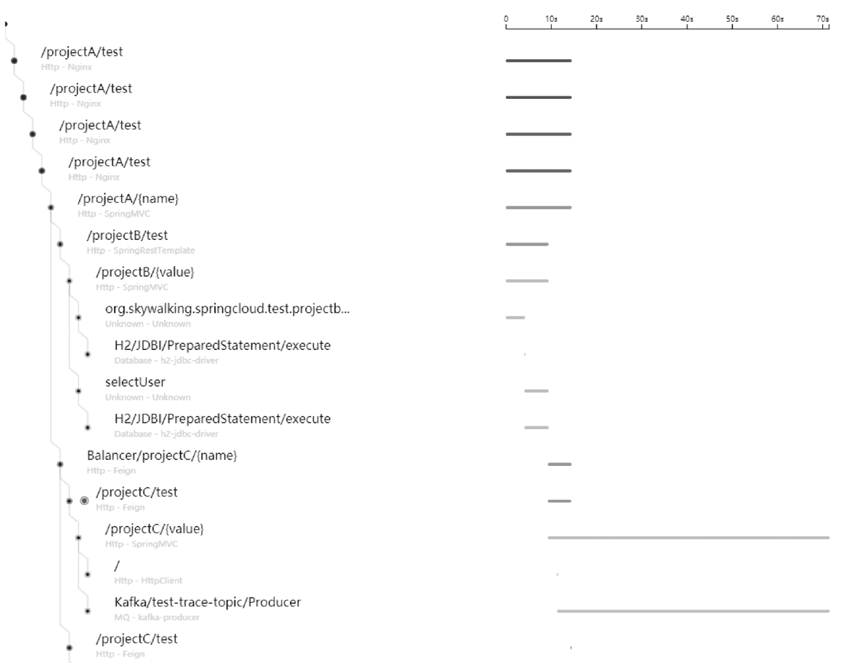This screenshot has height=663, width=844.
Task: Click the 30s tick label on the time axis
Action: (x=642, y=19)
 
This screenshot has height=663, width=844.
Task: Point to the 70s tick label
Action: (x=822, y=19)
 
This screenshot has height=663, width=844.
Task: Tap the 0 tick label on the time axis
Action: (x=506, y=19)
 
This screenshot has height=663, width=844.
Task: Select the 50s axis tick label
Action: (x=732, y=19)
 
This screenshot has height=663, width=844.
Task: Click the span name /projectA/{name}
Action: (x=128, y=198)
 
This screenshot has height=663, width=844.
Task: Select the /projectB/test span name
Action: (x=127, y=235)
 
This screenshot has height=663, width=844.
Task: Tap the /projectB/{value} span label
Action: (x=145, y=272)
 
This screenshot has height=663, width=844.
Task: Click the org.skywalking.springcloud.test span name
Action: (x=227, y=308)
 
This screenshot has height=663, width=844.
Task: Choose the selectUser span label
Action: (x=135, y=382)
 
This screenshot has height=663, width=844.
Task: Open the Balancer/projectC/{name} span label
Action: (x=162, y=455)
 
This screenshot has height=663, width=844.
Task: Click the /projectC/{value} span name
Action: (x=154, y=529)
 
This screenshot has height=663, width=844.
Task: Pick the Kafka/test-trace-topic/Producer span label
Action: (x=208, y=602)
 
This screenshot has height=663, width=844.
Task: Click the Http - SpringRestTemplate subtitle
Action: (x=140, y=250)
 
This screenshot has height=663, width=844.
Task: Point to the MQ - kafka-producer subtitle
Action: (x=157, y=618)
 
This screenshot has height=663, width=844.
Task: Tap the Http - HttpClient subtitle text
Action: (x=148, y=581)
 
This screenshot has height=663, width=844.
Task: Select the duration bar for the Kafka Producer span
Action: (x=693, y=611)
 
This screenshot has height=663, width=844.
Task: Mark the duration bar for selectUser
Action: (x=536, y=391)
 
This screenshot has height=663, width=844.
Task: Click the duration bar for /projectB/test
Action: (x=527, y=245)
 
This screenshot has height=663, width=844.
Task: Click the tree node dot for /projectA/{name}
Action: (x=51, y=208)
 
